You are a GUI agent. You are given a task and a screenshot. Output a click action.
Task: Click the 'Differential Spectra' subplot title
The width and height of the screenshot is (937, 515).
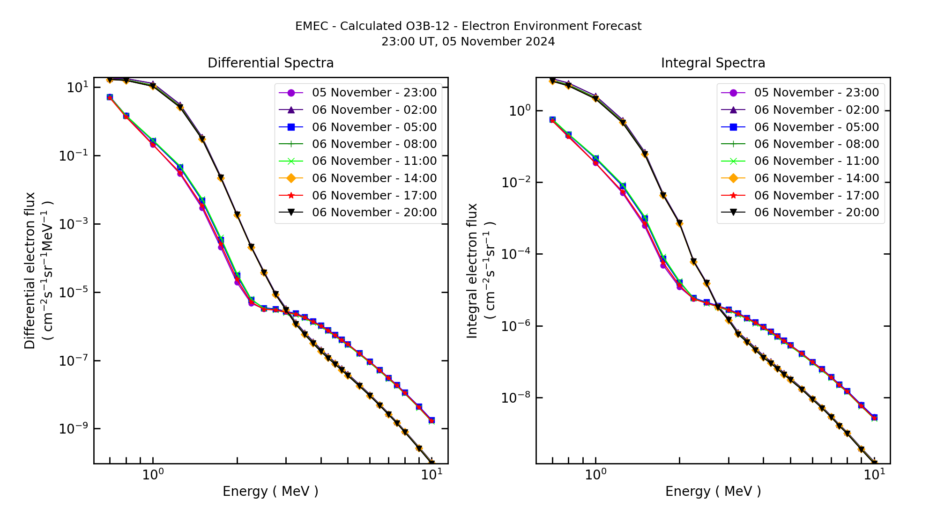tap(270, 63)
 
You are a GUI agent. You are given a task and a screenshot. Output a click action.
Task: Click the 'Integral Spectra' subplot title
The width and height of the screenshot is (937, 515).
tap(713, 63)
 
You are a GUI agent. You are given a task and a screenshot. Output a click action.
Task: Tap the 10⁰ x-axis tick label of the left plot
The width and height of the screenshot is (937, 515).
tap(153, 475)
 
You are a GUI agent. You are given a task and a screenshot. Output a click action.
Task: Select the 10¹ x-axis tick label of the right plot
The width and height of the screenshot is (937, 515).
tap(874, 475)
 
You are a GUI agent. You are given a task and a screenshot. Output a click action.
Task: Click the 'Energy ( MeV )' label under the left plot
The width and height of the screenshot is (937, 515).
tap(270, 491)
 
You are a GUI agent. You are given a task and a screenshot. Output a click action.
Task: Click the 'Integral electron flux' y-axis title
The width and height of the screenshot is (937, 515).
tap(472, 271)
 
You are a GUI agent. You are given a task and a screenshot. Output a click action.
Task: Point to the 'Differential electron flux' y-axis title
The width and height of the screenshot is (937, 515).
tap(30, 271)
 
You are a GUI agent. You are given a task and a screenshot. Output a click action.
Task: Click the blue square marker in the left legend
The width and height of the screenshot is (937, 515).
tap(291, 127)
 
